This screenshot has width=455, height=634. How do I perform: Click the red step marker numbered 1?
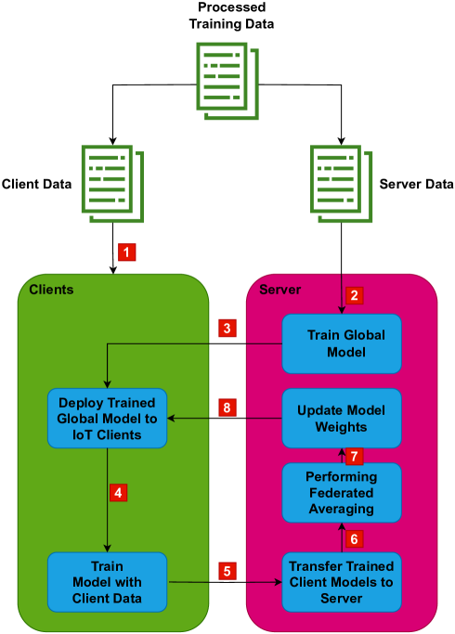click(x=127, y=252)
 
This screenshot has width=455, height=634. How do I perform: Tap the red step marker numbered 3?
click(x=227, y=328)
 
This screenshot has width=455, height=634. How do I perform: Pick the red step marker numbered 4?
click(x=118, y=492)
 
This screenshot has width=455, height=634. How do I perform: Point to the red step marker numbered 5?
click(x=227, y=571)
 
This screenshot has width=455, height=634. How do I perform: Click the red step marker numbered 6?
click(x=353, y=538)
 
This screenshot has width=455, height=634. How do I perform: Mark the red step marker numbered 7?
click(x=353, y=456)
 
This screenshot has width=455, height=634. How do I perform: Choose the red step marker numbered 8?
click(x=227, y=408)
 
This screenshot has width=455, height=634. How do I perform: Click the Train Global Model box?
click(x=342, y=343)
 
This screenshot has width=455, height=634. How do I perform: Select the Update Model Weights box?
click(x=342, y=418)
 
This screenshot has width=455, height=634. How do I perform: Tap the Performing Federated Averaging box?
click(x=342, y=492)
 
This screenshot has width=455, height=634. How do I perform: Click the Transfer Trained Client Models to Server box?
click(x=342, y=582)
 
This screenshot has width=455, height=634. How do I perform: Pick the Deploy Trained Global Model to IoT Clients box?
click(x=107, y=418)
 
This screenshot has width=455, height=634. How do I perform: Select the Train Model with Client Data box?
click(x=107, y=582)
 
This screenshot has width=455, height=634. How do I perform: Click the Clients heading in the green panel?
click(x=51, y=290)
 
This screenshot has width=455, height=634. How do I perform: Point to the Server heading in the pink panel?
click(x=279, y=290)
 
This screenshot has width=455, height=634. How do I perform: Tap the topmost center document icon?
click(x=227, y=80)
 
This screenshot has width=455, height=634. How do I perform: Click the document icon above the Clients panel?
click(x=112, y=184)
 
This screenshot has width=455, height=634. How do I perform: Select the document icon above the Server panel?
click(x=341, y=184)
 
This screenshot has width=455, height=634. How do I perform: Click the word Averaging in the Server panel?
click(x=342, y=509)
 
